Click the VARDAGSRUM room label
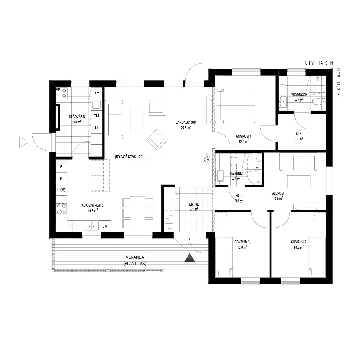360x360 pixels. [186, 123]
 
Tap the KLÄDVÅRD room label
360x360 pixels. [77, 117]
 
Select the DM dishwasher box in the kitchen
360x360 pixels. [105, 226]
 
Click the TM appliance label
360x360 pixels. [96, 116]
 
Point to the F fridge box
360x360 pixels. [61, 167]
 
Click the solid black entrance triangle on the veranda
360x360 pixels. [190, 258]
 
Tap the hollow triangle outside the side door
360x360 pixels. [24, 142]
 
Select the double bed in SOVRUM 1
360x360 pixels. [235, 106]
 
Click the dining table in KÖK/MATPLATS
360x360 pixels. [138, 213]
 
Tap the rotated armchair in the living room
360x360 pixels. [157, 139]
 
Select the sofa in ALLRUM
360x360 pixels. [299, 163]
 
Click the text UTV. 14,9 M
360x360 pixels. [319, 63]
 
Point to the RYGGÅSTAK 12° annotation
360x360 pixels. [129, 157]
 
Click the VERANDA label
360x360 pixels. [135, 257]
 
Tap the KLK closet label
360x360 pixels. [298, 134]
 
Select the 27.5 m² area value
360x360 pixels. [186, 128]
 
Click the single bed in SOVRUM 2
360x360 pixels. [317, 257]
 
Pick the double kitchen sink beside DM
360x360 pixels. [91, 226]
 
